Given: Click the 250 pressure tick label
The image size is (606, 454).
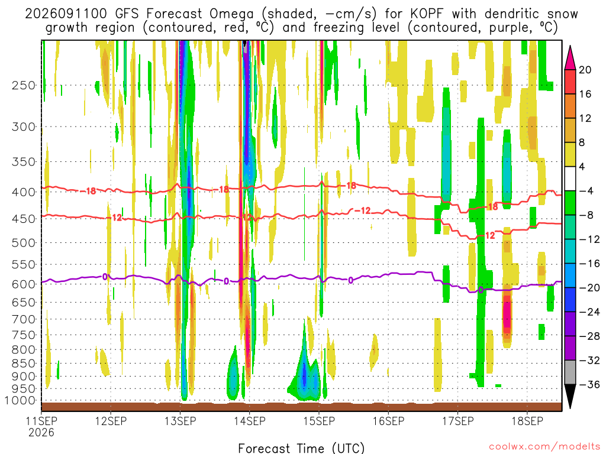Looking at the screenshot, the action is pos(23,85).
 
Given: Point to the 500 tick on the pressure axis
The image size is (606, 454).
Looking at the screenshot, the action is pos(23,243).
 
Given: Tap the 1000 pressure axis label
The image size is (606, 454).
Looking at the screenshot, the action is pos(21,400).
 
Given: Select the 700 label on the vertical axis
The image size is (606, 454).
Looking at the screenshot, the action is pos(23,319).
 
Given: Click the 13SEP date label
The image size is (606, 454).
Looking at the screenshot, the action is pos(180,421).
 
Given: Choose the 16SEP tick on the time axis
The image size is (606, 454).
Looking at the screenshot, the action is pos(388,421).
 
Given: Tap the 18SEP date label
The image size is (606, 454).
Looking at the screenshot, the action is pos(527,421).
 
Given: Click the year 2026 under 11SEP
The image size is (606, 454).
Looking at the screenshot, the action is pos(41,432).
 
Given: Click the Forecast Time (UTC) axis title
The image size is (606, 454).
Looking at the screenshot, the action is pos(301,448).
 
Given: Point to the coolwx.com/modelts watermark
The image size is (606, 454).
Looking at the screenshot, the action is pos(544,447).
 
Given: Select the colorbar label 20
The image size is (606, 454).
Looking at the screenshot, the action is pos(585,70).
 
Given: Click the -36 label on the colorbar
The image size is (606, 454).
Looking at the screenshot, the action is pos(589,384).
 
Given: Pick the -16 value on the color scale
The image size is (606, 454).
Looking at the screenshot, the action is pos(589,264).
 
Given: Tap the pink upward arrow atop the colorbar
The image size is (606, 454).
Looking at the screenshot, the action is pos(570,57).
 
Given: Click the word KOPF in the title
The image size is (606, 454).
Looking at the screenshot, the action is pos(428,14).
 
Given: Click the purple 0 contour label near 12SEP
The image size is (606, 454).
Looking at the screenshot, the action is pos(105,277).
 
